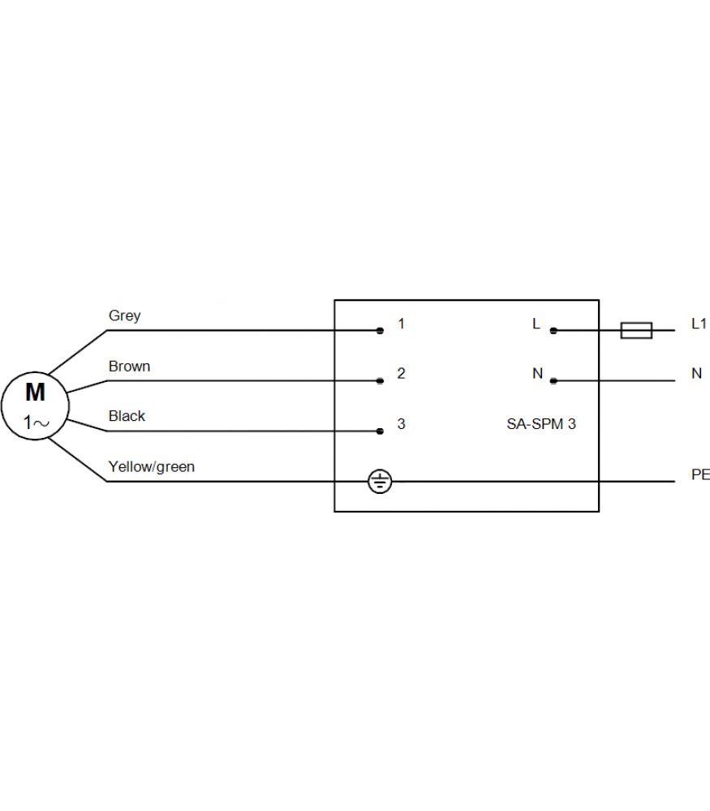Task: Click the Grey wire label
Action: (x=125, y=315)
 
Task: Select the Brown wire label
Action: (x=129, y=367)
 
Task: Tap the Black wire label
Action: (x=127, y=416)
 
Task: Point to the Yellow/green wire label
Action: (x=152, y=467)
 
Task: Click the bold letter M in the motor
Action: (x=35, y=392)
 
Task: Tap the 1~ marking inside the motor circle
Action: (x=37, y=423)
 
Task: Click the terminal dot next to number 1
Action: (x=380, y=331)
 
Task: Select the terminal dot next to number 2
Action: (x=380, y=380)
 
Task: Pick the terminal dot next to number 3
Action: (x=380, y=431)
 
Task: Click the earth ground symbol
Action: (x=380, y=482)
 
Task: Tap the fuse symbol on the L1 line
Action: (x=636, y=331)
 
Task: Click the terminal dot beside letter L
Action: (x=553, y=331)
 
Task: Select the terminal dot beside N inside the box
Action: (x=553, y=380)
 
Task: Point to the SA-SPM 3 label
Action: (x=541, y=424)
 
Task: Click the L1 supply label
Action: (x=699, y=324)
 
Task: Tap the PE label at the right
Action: (x=700, y=474)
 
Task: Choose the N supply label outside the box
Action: (x=696, y=373)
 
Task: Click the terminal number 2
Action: (x=401, y=373)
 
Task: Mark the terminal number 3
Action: (x=401, y=424)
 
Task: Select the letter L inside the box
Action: (x=536, y=324)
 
